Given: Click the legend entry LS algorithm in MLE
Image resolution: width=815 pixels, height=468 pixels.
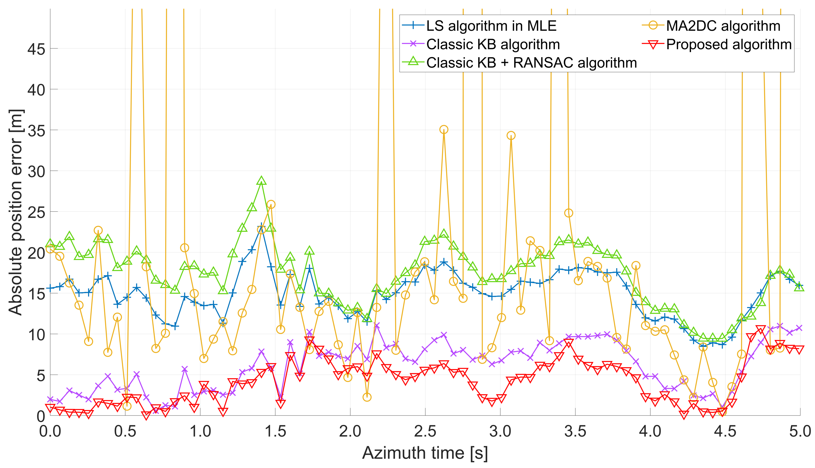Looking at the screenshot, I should point(491,26).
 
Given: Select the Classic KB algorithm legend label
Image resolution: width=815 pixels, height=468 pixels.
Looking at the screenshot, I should point(493,44).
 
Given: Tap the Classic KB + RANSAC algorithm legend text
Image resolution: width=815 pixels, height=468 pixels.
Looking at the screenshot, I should point(531,63).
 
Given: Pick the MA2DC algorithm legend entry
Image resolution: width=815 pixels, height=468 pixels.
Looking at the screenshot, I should point(723,26).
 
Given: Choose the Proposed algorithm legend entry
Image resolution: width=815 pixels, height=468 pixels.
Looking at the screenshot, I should point(729,44).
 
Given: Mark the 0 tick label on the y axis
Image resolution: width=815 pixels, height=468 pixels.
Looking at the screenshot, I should point(41,416).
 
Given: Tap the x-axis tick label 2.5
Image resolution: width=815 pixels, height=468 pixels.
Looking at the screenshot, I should point(425,431).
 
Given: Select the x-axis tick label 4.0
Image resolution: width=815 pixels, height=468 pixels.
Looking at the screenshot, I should point(650,431).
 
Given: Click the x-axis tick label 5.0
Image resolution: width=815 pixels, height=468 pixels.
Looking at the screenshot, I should point(799,431).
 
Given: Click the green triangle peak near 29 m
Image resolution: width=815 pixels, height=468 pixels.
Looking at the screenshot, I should point(261,181).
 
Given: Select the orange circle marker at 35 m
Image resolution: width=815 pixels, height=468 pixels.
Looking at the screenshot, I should point(444,129).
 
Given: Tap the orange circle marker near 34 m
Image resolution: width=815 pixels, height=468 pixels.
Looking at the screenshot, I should point(511,136).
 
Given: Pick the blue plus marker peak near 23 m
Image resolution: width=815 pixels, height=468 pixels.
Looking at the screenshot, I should point(261,226).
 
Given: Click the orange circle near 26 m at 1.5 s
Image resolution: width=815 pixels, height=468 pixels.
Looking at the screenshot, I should point(271,204).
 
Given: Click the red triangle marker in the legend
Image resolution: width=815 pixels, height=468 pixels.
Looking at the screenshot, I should point(653,44).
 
